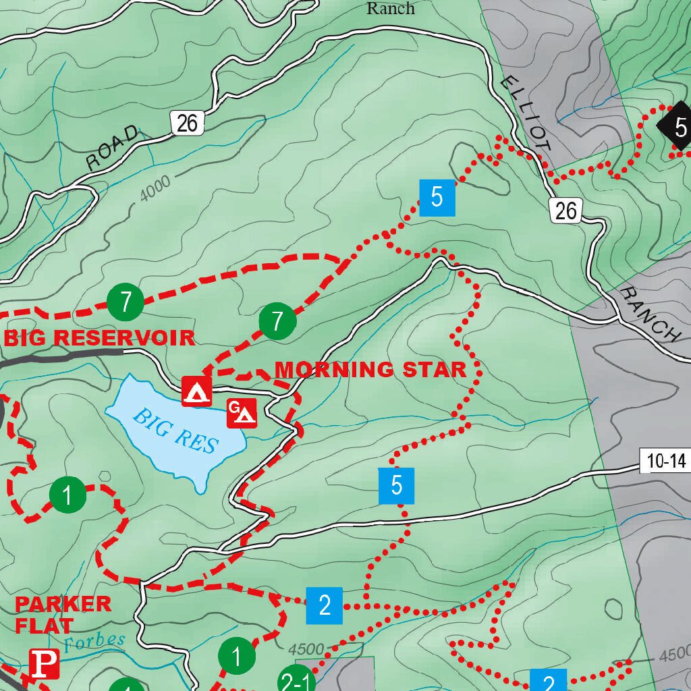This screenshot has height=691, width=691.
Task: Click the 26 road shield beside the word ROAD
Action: pos(188,123)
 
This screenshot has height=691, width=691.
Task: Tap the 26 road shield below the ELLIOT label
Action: pos(565,211)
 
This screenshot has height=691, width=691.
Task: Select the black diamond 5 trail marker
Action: pos(678,126)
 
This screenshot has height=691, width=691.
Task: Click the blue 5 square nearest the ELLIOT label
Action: pos(437,198)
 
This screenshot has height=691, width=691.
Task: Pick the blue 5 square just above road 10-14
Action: pos(396,485)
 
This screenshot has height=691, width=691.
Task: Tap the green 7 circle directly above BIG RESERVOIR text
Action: pos(126,302)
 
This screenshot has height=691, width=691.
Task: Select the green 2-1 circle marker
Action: pos(296,682)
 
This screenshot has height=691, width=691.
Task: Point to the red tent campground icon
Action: pos(196,391)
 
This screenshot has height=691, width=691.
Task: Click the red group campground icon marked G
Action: pos(242,413)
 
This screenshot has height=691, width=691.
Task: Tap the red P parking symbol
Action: pos(45,665)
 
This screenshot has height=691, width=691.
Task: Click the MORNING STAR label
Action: pos(370,370)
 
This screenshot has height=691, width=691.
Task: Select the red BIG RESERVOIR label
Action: pos(99,337)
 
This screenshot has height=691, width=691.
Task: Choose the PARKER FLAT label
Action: pos(62,614)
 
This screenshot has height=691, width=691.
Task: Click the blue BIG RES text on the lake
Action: pos(175,431)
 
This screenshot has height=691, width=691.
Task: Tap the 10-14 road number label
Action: pos(665,462)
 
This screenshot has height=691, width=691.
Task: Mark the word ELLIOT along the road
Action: pos(527,111)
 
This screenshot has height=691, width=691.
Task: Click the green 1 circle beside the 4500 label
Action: pos(237,655)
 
